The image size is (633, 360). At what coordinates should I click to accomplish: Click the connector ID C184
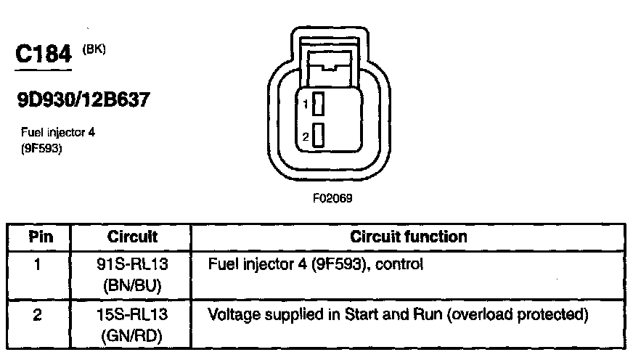click(x=44, y=55)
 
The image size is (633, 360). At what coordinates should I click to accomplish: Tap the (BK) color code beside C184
click(x=94, y=50)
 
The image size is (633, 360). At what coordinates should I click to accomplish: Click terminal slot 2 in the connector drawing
click(x=317, y=136)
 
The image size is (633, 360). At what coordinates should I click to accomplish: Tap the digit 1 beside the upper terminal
click(x=306, y=105)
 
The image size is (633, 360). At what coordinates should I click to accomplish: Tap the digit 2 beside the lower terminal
click(x=306, y=136)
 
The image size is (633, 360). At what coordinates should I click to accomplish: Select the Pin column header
click(x=38, y=237)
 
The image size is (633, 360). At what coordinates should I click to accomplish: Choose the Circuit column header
click(x=132, y=237)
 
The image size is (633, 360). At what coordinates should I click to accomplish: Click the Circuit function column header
click(x=409, y=237)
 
